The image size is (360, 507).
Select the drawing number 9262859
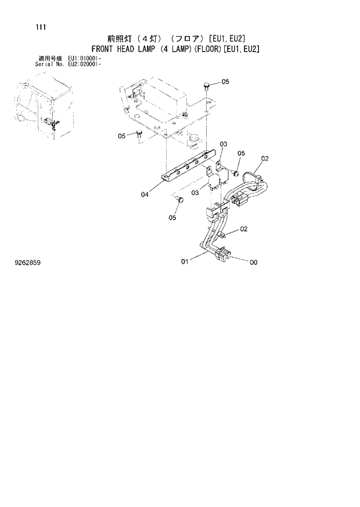point(27,263)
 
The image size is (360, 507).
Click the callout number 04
point(144,195)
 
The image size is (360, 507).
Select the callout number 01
point(185,262)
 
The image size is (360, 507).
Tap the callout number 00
point(253,263)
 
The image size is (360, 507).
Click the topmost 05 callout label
point(225,81)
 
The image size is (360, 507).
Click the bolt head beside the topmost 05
point(207,86)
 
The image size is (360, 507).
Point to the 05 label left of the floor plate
point(122,136)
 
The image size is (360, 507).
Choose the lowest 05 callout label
point(172,218)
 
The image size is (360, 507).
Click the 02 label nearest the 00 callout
point(244,229)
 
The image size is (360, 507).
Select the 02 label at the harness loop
point(265,158)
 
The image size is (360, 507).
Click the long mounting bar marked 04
point(186,166)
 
